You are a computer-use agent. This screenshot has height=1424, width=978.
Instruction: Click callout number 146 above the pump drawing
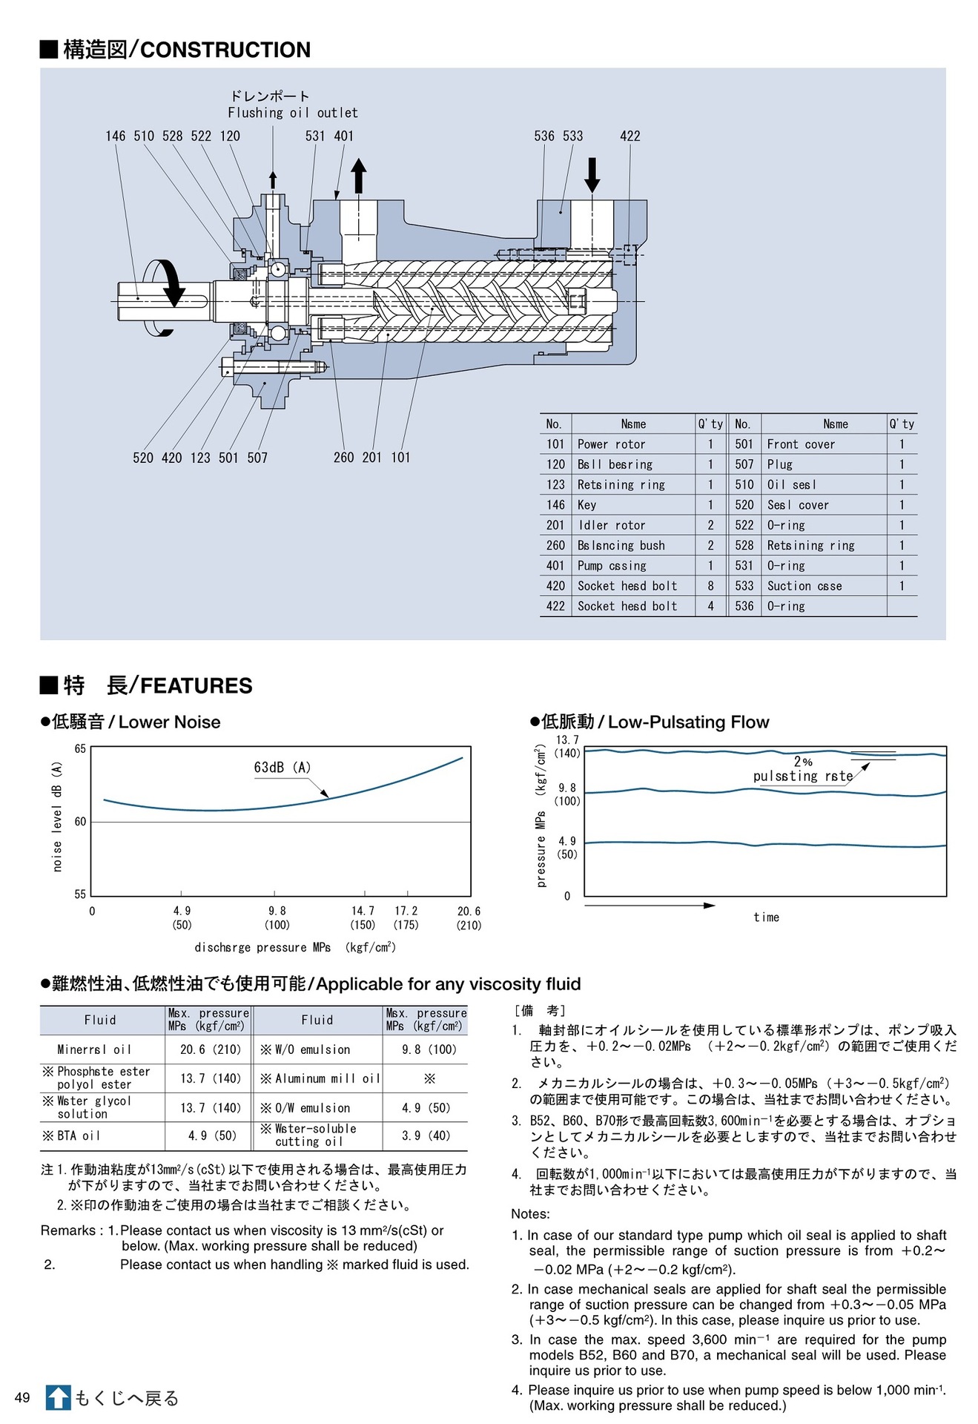pyautogui.click(x=115, y=136)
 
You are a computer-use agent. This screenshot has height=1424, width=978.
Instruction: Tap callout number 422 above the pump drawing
pyautogui.click(x=630, y=136)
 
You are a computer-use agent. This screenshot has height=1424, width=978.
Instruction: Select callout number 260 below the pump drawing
pyautogui.click(x=343, y=458)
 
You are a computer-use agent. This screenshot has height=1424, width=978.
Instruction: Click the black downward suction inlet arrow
pyautogui.click(x=592, y=176)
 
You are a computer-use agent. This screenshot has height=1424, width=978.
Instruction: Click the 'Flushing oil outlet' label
pyautogui.click(x=292, y=113)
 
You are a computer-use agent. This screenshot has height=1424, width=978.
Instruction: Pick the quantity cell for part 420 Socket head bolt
pyautogui.click(x=710, y=586)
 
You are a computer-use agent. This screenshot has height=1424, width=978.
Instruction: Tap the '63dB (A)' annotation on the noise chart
pyautogui.click(x=282, y=768)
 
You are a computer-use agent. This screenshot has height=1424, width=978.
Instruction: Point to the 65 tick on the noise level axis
pyautogui.click(x=80, y=749)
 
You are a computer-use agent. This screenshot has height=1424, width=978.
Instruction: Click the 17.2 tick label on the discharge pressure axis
pyautogui.click(x=406, y=911)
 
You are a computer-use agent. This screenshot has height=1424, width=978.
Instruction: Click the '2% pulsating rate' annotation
pyautogui.click(x=802, y=769)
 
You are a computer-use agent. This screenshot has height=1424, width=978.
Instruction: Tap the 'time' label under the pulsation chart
pyautogui.click(x=766, y=917)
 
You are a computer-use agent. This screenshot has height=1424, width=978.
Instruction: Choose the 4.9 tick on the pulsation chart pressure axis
pyautogui.click(x=567, y=841)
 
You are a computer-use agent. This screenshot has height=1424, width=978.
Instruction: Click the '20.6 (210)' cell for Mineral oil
pyautogui.click(x=211, y=1049)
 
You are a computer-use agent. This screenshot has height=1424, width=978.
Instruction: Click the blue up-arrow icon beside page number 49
pyautogui.click(x=58, y=1398)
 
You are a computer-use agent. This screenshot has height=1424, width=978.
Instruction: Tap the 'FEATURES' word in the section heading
pyautogui.click(x=196, y=685)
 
